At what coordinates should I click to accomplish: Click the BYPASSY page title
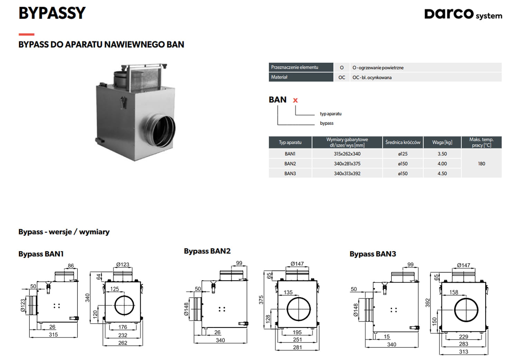point(52,13)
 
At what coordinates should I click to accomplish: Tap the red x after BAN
point(295,100)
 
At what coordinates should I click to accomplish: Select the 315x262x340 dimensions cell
point(347,154)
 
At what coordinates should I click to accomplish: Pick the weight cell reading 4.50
point(442,174)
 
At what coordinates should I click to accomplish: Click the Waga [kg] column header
point(442,142)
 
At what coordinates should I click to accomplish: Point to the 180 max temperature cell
point(481,164)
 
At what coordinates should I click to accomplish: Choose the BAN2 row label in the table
point(290,164)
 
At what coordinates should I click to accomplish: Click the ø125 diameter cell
point(402,154)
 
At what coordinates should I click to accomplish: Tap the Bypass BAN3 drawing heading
point(372,254)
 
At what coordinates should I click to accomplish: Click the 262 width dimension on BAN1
point(123,343)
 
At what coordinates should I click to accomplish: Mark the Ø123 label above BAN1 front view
point(123,265)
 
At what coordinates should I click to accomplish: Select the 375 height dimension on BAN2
point(261,300)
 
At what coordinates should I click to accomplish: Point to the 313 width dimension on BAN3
point(463,352)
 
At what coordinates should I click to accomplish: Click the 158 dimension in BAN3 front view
point(454,292)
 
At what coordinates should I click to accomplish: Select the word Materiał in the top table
point(279,77)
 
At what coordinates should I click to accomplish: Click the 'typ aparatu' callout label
point(331,114)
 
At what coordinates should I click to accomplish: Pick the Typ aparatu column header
point(290,142)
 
